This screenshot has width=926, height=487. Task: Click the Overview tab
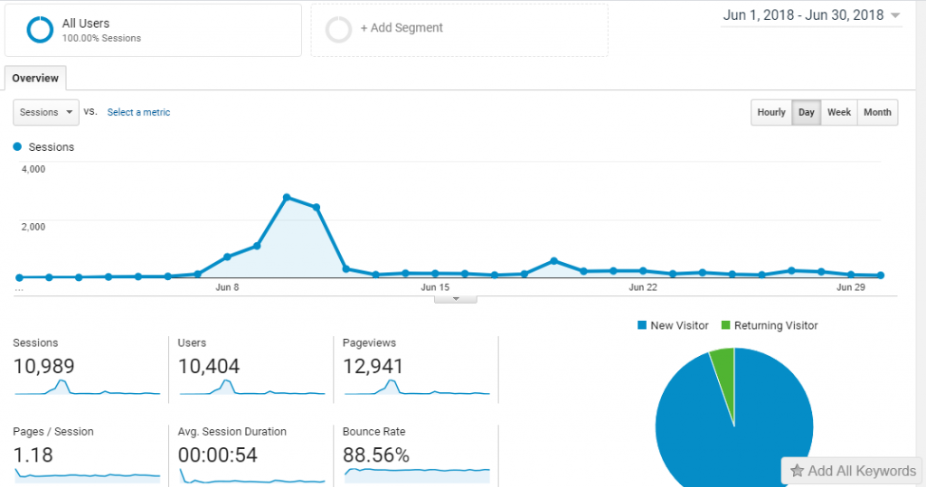(x=35, y=79)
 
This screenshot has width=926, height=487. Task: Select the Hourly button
(x=771, y=113)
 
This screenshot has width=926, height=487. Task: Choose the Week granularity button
(x=839, y=113)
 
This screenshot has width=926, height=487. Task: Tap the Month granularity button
(x=877, y=113)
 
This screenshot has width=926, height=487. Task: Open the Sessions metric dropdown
(x=46, y=113)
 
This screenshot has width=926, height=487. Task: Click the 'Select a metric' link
(x=138, y=113)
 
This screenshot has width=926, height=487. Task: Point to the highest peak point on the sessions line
(x=287, y=197)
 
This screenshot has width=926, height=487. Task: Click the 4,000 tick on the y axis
(x=33, y=169)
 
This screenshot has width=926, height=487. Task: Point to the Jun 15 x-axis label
(x=435, y=287)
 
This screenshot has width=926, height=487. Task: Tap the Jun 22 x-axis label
(x=643, y=287)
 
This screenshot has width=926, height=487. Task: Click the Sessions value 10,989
(x=44, y=366)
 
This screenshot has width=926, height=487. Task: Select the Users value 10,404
(x=210, y=366)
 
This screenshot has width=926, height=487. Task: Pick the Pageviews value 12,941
(x=373, y=366)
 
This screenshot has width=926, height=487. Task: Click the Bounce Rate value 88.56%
(x=376, y=454)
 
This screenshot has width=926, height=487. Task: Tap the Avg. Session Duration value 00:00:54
(x=218, y=454)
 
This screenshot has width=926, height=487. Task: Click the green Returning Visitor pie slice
(x=723, y=364)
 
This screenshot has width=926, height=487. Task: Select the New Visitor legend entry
(x=673, y=325)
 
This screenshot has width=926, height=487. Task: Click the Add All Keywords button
(x=853, y=471)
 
